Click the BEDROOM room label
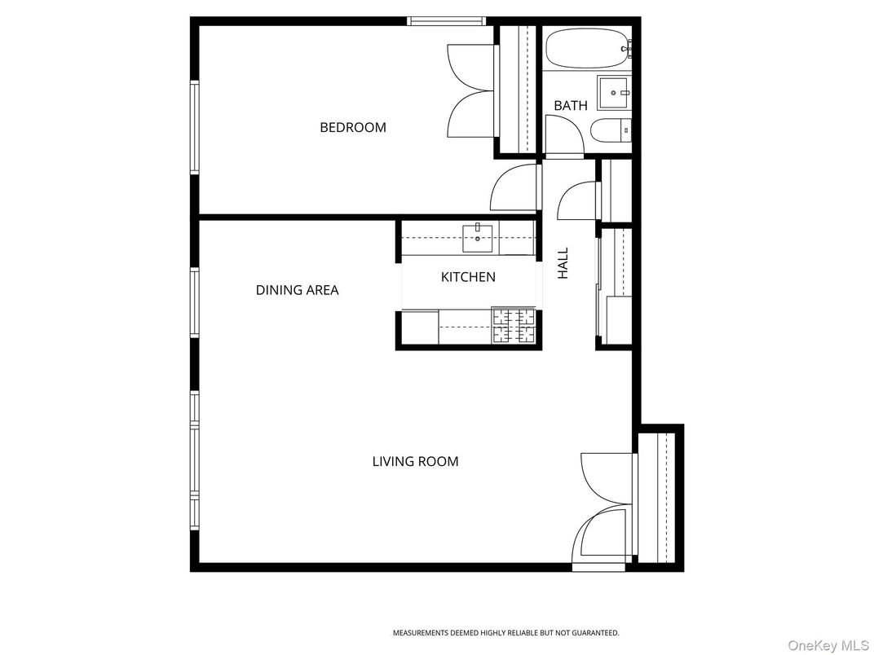[352, 127]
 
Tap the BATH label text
[571, 106]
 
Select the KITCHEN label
[468, 277]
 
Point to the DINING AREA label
[297, 290]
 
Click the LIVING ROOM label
[415, 461]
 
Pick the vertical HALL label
[563, 263]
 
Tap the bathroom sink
[613, 93]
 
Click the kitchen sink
[478, 239]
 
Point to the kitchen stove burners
[513, 327]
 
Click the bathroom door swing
[563, 135]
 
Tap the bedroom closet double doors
[471, 91]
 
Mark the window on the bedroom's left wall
[195, 126]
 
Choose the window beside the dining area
[195, 301]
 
